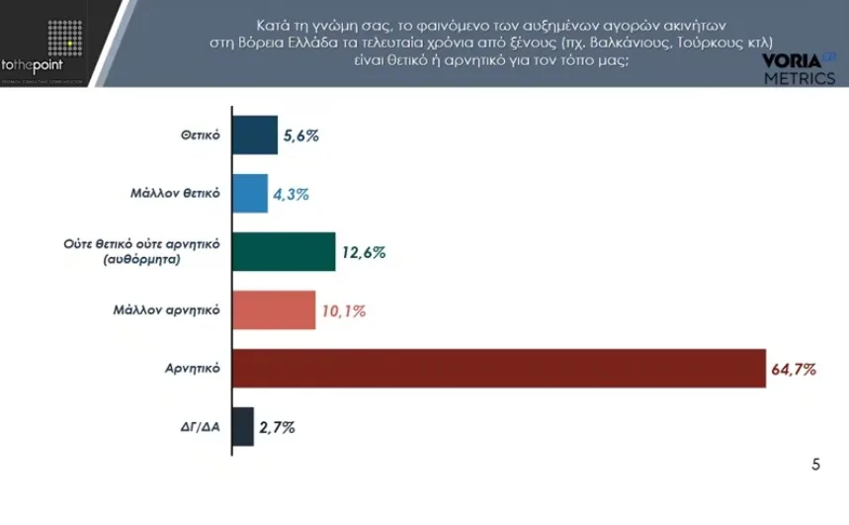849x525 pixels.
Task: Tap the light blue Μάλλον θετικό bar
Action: tap(249, 193)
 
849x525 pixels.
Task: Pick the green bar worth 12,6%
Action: tap(283, 251)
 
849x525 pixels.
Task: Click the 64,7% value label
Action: tap(793, 369)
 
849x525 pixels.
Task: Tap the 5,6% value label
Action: tap(299, 136)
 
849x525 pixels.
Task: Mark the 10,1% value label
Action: tap(343, 310)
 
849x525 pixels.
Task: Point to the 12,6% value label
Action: tap(364, 252)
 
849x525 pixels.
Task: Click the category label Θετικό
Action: tap(199, 136)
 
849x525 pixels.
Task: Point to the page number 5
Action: tap(815, 464)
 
